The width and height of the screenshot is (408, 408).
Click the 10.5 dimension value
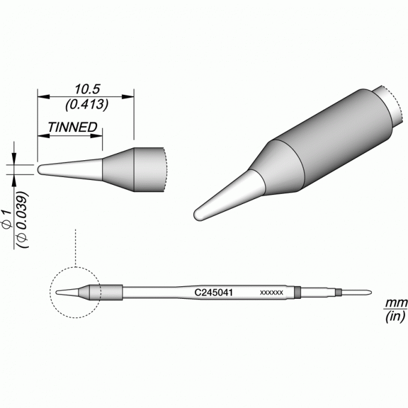pos(87,89)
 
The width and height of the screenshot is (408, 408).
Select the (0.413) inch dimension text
pos(86,104)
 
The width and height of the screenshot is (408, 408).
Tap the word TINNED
pos(73,127)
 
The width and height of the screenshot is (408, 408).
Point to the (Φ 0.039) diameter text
pos(22,220)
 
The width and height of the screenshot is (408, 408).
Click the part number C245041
pos(214,292)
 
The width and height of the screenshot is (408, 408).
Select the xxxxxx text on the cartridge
pos(271,293)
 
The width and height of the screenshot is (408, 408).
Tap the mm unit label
pos(396,303)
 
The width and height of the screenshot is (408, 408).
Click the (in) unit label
pos(395,317)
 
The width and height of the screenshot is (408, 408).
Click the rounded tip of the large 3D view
pos(198,215)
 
